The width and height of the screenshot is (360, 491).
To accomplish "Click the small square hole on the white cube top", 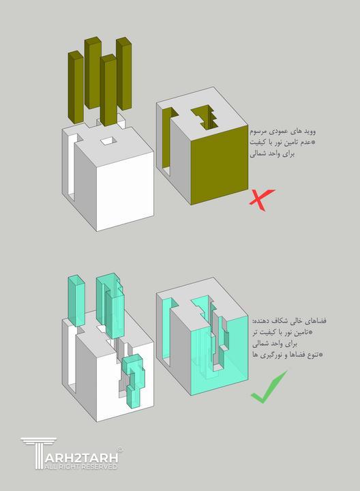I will (x=108, y=141).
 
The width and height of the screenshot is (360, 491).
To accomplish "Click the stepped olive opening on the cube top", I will (x=206, y=117).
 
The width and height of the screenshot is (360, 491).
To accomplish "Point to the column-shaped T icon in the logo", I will (x=31, y=453).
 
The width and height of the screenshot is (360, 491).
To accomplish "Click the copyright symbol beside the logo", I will (x=120, y=449).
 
